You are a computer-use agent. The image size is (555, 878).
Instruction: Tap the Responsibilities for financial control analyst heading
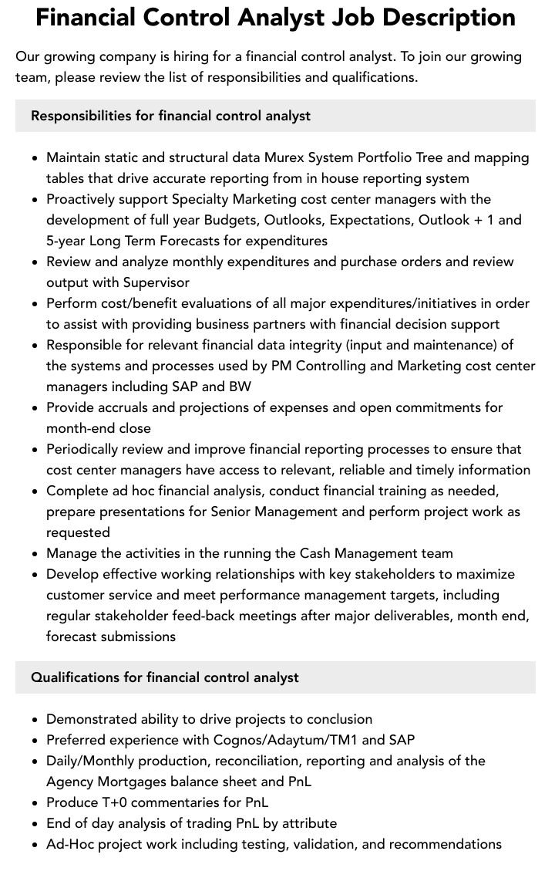(170, 116)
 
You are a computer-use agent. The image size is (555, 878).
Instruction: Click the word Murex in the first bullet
(284, 157)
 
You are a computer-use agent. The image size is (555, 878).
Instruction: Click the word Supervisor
(156, 282)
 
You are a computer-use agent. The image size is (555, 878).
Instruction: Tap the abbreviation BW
(240, 387)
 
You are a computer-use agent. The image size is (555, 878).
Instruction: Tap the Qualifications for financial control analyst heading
(164, 677)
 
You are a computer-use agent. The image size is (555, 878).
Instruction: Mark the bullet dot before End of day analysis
(35, 824)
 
